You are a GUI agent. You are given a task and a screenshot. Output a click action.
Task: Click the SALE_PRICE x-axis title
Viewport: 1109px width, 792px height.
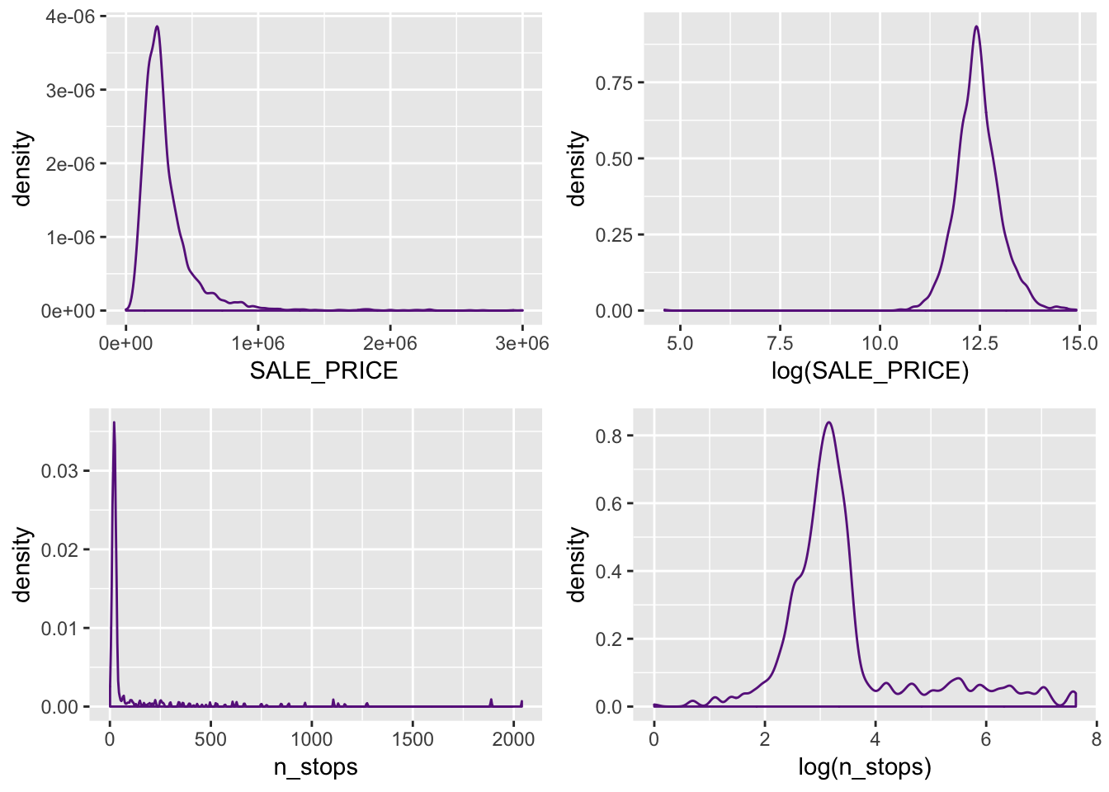tap(323, 370)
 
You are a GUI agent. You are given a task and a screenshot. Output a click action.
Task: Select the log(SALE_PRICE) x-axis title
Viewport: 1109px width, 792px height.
tap(870, 370)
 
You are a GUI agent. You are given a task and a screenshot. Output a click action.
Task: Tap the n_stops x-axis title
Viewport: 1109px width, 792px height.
tap(315, 766)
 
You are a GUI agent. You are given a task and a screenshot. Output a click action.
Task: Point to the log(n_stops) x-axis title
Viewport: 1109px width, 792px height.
tap(864, 766)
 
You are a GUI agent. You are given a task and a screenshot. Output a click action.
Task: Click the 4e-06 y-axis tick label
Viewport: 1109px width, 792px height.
tap(69, 16)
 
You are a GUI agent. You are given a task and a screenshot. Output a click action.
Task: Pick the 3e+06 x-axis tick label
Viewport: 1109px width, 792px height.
tap(521, 343)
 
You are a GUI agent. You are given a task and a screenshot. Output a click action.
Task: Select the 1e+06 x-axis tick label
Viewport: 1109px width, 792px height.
tap(257, 343)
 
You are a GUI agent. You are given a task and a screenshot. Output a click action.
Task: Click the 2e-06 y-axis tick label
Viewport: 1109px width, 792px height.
tap(69, 163)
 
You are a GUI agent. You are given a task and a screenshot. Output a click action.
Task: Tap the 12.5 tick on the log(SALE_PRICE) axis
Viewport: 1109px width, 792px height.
tap(979, 343)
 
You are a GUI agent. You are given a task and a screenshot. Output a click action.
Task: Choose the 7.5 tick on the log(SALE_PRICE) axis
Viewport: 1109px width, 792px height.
tap(780, 343)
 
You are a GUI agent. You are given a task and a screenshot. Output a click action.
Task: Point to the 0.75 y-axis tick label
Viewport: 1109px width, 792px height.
tap(614, 82)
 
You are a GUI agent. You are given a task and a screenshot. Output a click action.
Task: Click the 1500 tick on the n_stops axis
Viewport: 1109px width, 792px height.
tap(413, 739)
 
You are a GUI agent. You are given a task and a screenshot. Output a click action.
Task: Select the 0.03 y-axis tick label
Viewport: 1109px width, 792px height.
tap(59, 471)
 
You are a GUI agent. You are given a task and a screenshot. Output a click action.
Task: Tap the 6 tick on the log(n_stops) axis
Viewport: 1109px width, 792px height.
tap(985, 739)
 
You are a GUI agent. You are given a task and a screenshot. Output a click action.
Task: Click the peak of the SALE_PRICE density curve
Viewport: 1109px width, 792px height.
tap(157, 26)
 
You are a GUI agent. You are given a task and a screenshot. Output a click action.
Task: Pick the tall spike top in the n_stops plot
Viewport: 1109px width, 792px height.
tap(113, 422)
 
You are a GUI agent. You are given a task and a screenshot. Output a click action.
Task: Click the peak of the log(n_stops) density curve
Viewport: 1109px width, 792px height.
tap(828, 422)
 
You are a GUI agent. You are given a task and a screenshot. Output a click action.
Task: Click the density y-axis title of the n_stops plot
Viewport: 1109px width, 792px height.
tap(22, 564)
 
